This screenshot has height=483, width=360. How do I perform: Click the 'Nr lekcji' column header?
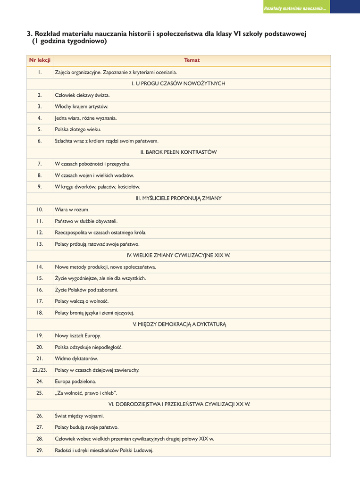click(40, 60)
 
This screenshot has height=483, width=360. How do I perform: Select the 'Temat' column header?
click(192, 60)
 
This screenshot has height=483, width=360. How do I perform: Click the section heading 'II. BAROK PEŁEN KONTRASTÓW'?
click(178, 152)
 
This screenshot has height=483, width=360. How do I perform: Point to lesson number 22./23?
click(40, 370)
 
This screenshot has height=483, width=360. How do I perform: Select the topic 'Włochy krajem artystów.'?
click(82, 107)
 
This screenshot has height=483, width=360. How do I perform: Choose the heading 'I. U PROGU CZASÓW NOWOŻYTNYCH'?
click(178, 83)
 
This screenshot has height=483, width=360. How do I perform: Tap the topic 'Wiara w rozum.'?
click(72, 209)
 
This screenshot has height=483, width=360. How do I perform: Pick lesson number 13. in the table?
click(40, 244)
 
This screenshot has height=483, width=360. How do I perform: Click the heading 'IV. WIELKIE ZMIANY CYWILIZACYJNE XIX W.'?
click(178, 255)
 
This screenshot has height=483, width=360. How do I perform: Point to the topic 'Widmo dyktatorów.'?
click(76, 359)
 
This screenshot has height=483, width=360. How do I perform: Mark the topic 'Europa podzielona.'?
click(75, 382)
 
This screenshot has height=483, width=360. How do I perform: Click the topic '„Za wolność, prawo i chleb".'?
click(86, 393)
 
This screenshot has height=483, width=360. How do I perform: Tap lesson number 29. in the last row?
click(40, 450)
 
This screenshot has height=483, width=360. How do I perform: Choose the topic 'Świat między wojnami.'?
click(79, 416)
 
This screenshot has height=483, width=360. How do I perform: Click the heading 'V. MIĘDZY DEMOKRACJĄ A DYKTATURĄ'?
click(178, 324)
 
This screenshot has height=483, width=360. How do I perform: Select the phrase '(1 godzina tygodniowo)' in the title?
click(69, 42)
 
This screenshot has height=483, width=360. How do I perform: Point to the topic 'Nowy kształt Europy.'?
click(78, 336)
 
